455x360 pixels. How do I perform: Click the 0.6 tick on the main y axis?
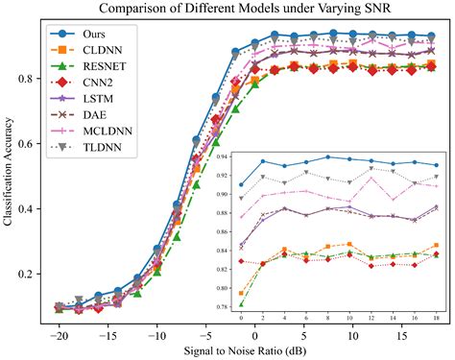[29, 143]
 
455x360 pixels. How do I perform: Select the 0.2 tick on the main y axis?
[29, 274]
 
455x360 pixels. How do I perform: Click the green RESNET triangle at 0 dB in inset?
[241, 302]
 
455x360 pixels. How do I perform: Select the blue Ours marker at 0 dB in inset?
[241, 184]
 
